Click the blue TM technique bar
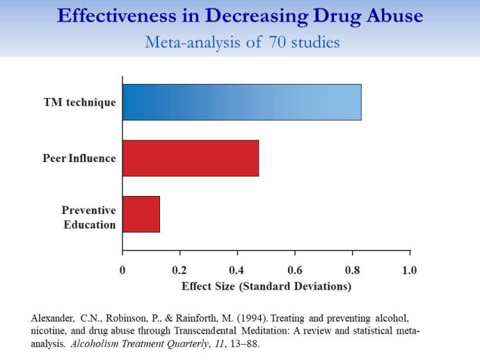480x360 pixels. [241, 102]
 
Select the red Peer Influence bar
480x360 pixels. [191, 158]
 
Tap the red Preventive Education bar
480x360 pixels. [141, 214]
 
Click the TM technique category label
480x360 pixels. [80, 102]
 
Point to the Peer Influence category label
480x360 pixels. [79, 158]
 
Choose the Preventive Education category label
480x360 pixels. [89, 217]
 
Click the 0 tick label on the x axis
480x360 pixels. [122, 270]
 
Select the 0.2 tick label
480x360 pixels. [180, 270]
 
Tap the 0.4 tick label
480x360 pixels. [237, 270]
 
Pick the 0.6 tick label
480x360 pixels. [295, 270]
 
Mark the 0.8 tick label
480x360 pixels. [353, 270]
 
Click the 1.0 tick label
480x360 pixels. [410, 270]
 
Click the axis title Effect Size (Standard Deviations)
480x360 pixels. [266, 286]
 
